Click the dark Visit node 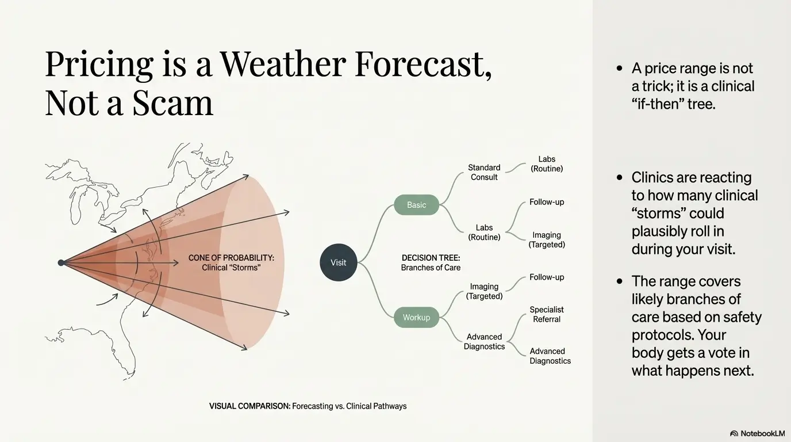338,262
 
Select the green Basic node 416,205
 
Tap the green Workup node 416,317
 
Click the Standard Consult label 484,172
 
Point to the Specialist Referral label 547,314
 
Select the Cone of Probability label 231,262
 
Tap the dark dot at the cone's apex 61,262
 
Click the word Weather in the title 283,64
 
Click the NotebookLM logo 757,433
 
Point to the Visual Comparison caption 308,406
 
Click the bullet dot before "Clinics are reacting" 619,177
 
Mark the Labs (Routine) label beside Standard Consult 547,163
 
